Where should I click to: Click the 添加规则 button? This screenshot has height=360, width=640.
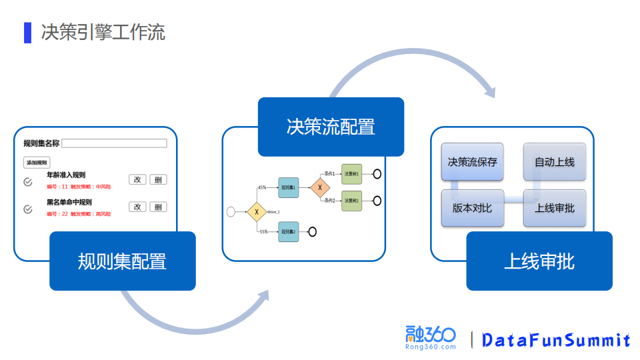click(37, 163)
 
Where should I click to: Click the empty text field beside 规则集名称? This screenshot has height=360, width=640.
click(114, 143)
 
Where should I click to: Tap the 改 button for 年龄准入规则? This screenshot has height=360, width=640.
click(137, 179)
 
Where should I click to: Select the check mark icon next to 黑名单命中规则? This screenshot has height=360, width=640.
click(28, 209)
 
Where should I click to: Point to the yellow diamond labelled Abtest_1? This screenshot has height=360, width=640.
click(257, 212)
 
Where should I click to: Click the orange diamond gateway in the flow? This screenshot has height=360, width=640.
click(320, 187)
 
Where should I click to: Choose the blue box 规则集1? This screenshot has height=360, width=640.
click(289, 188)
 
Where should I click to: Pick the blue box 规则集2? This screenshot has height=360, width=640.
click(289, 232)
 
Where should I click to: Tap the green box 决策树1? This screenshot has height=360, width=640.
click(351, 174)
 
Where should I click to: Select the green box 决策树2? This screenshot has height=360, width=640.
click(351, 201)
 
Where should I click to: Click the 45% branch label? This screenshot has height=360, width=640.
click(262, 188)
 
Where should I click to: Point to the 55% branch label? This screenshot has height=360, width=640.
click(263, 232)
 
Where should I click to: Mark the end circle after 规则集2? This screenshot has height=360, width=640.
click(311, 232)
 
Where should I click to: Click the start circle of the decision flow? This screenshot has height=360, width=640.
click(231, 212)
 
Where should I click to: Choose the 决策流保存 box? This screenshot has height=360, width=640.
click(473, 162)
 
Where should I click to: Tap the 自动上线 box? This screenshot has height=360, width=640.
click(555, 162)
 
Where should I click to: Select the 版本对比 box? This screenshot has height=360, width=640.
click(473, 208)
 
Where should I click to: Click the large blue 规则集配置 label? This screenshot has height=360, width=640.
click(123, 261)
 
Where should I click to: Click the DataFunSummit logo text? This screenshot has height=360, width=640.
click(556, 340)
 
